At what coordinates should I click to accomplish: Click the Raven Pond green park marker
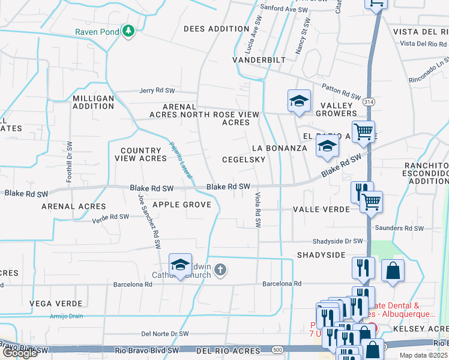[x=128, y=31]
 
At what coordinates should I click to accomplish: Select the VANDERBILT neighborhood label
[x=259, y=61]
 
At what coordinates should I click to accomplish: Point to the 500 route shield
[x=277, y=349]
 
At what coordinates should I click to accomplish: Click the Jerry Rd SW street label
[x=157, y=91]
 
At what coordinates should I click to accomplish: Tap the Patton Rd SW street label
[x=341, y=91]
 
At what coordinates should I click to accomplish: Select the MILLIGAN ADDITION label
[x=93, y=102]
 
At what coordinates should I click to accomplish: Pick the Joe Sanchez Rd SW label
[x=150, y=221]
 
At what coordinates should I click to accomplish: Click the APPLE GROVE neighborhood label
[x=182, y=205]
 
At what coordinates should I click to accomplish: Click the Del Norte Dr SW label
[x=165, y=334]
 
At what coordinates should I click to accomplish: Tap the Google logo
[x=20, y=353]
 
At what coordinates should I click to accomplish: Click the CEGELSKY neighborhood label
[x=243, y=160]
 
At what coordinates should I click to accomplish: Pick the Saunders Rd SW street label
[x=398, y=228]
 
